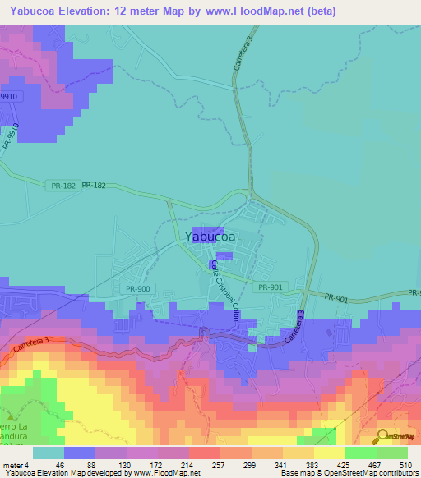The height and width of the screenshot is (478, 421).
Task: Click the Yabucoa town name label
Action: coord(209,237)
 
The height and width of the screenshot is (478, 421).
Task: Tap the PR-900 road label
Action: coord(138,288)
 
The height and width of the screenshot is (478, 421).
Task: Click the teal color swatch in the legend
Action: coord(48,452)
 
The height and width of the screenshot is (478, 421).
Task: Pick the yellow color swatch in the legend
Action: coord(329,452)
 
